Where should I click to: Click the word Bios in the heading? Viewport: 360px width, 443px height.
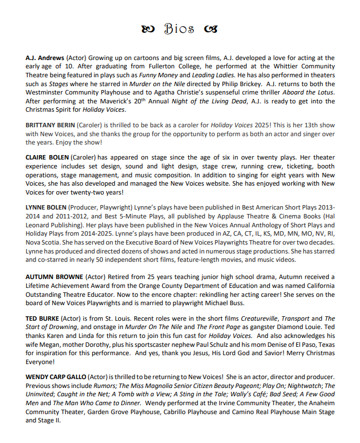[179, 29]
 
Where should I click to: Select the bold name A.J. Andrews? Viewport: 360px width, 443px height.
[44, 58]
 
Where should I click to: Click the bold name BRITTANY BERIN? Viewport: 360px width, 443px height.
[51, 126]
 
